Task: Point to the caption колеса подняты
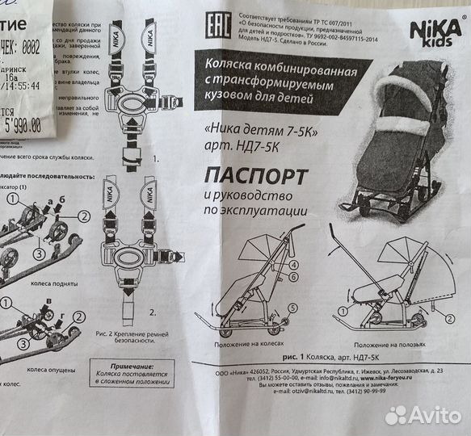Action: click(x=49, y=281)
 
